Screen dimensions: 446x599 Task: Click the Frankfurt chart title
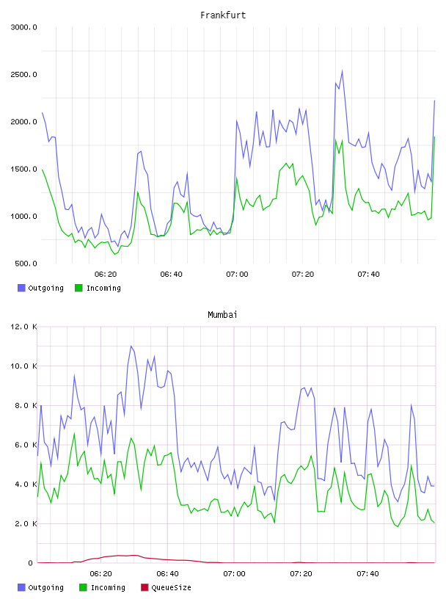pos(223,15)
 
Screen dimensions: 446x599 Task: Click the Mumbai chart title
pos(222,315)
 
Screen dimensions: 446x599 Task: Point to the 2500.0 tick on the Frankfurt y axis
pos(23,74)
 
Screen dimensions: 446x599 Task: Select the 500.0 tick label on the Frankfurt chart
pos(26,264)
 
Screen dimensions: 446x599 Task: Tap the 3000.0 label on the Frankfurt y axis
pos(23,27)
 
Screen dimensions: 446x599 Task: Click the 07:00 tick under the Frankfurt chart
pos(237,275)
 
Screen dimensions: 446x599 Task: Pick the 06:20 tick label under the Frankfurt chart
pos(106,275)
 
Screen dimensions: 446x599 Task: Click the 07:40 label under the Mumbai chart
pos(368,574)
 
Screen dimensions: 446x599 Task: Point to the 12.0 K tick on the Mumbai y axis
pos(23,327)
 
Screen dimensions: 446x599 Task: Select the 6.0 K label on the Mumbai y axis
pos(26,445)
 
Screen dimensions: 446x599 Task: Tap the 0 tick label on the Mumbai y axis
pos(31,563)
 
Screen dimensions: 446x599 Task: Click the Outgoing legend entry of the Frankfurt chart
pos(40,288)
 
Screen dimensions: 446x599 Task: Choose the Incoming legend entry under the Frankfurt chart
pos(98,288)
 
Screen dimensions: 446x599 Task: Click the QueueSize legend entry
pos(166,587)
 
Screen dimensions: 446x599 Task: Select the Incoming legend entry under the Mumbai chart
pos(102,587)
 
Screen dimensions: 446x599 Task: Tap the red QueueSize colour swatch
pos(145,587)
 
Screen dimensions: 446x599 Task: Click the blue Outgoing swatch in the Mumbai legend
pos(21,587)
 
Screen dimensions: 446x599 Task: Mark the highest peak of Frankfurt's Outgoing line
pos(342,70)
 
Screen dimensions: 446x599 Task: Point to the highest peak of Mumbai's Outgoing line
pos(131,346)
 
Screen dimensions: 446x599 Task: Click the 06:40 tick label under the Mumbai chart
pos(168,574)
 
